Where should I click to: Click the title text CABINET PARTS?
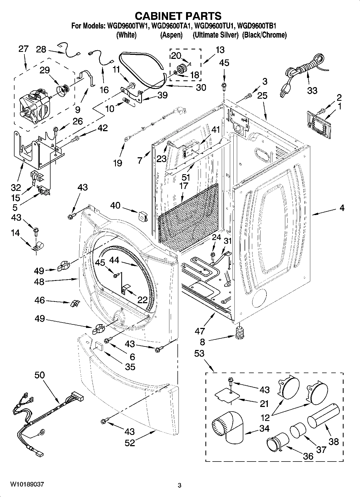pos(178,16)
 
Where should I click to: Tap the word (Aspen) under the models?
pos(171,35)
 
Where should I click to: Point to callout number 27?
pos(23,49)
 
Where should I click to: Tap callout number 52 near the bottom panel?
pos(130,442)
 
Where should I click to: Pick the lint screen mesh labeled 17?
pos(188,218)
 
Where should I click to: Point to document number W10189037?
pos(27,484)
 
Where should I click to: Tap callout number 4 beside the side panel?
pos(342,208)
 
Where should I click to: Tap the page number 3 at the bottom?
pos(180,485)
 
